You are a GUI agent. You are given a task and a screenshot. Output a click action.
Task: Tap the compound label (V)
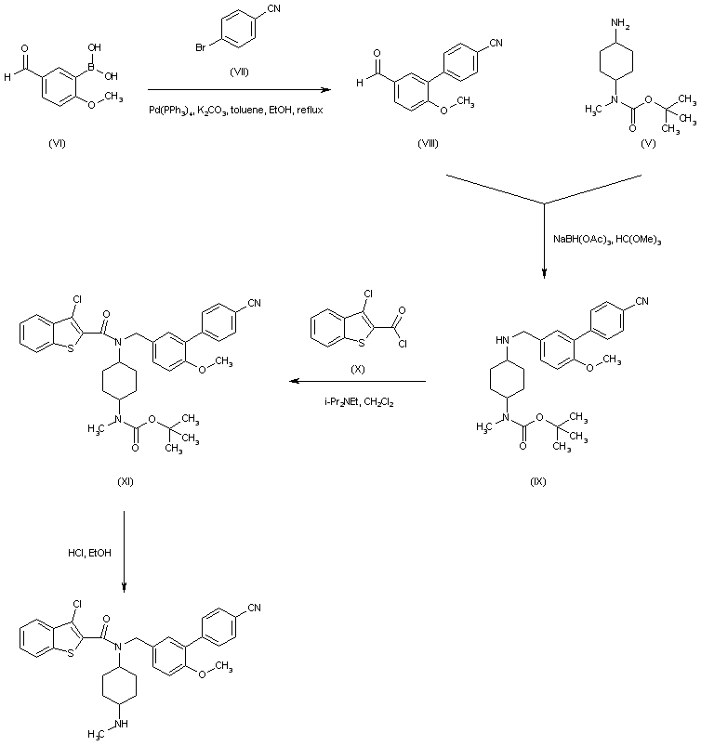tap(648, 143)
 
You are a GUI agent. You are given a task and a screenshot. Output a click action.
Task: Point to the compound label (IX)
tap(538, 482)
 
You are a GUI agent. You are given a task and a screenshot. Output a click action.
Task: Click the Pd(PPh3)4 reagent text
tap(171, 110)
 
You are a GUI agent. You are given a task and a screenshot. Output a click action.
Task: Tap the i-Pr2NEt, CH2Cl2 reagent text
tap(356, 400)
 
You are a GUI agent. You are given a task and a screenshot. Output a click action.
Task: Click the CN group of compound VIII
tap(497, 42)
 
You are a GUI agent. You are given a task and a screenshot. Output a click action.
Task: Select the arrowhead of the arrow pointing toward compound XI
tap(290, 381)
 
